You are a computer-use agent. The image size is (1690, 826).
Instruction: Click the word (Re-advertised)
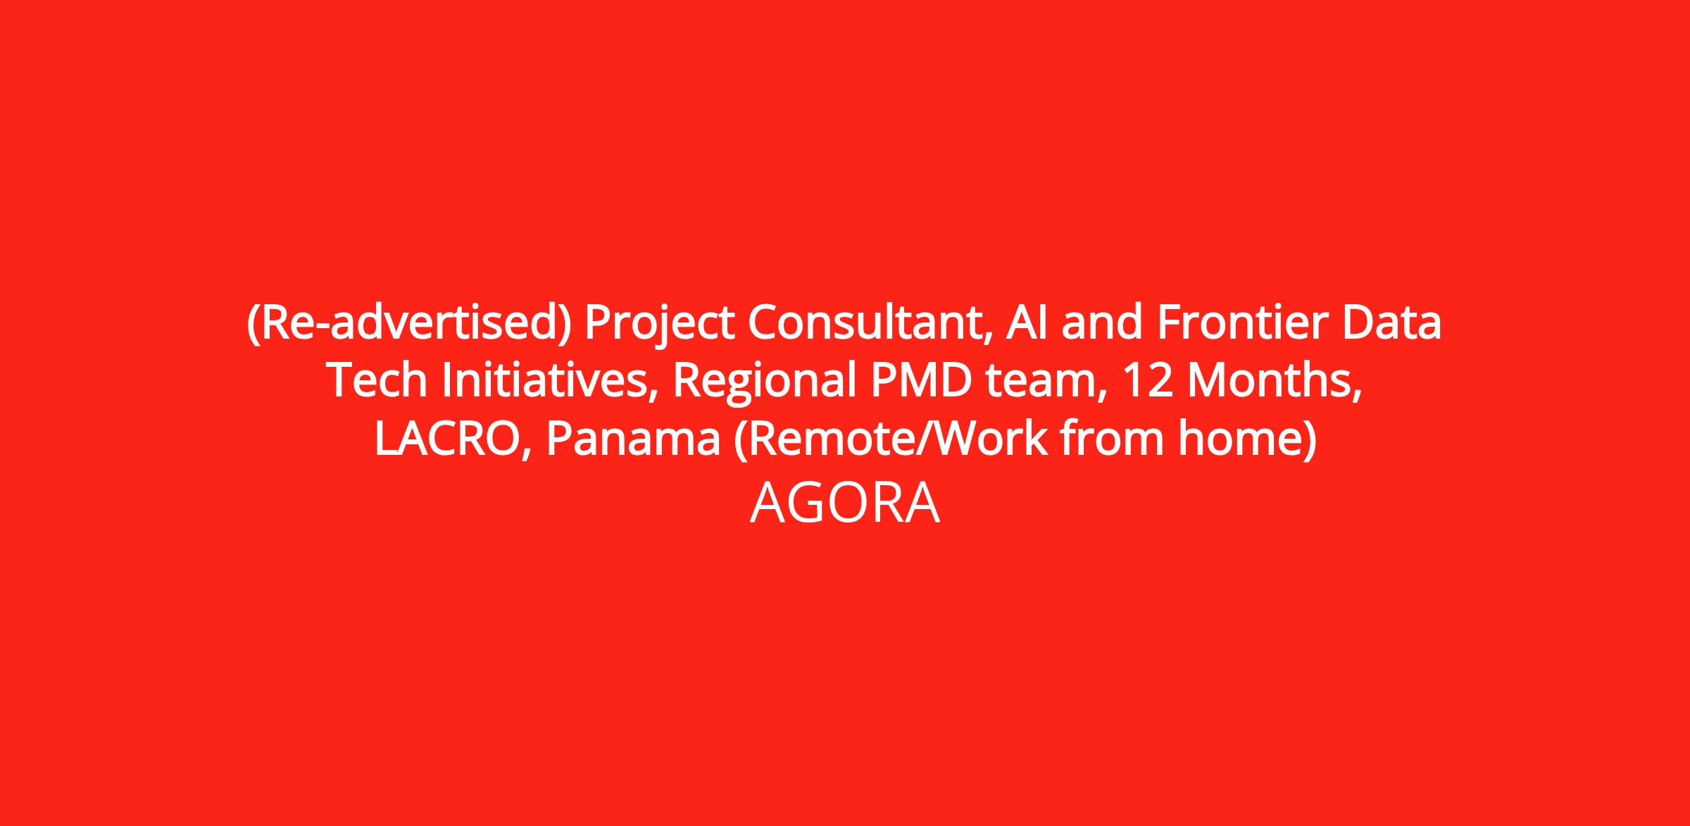[x=408, y=324]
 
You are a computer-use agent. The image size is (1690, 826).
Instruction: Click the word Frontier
[x=1242, y=323]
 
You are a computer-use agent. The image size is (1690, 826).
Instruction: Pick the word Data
[x=1392, y=323]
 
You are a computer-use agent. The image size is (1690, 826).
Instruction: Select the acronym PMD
[x=920, y=381]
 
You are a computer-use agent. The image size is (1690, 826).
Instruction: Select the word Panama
[x=633, y=439]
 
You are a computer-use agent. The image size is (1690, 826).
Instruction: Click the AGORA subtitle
[x=845, y=503]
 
